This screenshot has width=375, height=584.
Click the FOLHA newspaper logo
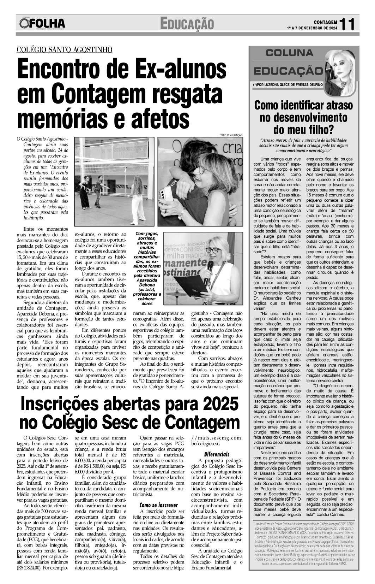[42, 24]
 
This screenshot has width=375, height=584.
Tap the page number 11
[347, 24]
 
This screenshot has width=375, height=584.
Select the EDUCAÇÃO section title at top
[187, 24]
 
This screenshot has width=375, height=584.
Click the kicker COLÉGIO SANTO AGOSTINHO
[65, 50]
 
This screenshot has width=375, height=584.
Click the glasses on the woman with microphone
[213, 250]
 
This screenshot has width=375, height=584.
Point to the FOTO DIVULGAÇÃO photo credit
[231, 135]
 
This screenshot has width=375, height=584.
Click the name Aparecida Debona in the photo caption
[147, 282]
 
